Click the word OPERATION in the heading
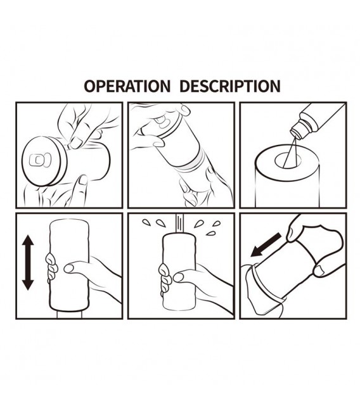[x=127, y=86]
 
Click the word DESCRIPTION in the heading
[x=230, y=86]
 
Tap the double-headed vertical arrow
[x=28, y=262]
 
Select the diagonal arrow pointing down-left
[x=266, y=245]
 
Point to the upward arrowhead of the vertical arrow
[x=28, y=240]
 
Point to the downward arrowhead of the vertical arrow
[x=28, y=285]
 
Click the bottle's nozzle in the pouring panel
[x=297, y=130]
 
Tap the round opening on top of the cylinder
[x=288, y=160]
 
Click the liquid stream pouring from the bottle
[x=292, y=151]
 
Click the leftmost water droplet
[x=146, y=222]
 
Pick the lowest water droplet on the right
[x=210, y=233]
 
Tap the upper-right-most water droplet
[x=217, y=224]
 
